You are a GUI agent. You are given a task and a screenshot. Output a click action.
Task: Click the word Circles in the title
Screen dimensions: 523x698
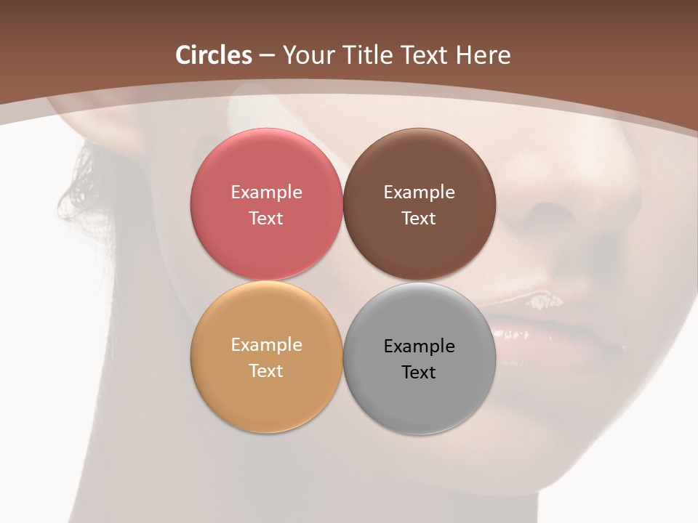[214, 55]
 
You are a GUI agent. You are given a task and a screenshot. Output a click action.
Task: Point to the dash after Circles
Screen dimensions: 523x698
[267, 56]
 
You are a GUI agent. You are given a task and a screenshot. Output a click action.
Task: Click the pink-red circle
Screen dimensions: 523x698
[266, 167]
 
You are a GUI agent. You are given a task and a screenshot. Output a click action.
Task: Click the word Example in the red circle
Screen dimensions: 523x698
[266, 192]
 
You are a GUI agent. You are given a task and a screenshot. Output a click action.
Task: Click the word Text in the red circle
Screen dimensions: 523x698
[266, 219]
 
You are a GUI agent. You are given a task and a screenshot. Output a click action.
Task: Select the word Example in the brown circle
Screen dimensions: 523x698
[419, 192]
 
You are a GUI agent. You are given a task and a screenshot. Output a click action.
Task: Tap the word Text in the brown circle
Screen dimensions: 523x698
[419, 219]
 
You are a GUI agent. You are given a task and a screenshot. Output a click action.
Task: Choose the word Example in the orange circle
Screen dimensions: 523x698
[266, 345]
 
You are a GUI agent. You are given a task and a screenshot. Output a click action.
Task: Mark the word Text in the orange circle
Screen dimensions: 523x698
[266, 371]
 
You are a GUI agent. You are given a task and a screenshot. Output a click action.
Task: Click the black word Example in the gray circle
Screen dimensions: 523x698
[419, 346]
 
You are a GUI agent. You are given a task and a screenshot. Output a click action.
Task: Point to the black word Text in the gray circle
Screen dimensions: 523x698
[419, 373]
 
